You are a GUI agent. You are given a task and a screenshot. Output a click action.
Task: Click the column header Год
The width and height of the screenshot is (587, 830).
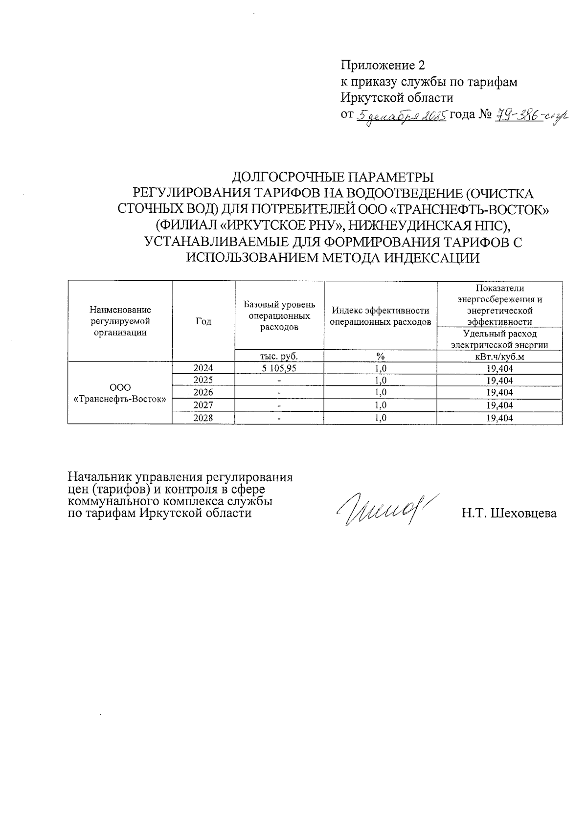click(x=203, y=321)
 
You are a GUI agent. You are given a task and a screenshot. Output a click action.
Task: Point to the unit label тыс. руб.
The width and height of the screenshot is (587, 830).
click(x=279, y=356)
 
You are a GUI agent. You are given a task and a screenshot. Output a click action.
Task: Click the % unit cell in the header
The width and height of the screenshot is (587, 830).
click(x=380, y=356)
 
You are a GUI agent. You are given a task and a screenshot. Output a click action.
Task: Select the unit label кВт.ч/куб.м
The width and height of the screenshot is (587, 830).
click(x=499, y=356)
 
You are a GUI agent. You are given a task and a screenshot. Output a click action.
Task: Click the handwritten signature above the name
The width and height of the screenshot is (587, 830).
click(x=386, y=509)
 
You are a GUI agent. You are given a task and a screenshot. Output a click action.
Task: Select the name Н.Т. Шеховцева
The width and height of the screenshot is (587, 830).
click(x=509, y=514)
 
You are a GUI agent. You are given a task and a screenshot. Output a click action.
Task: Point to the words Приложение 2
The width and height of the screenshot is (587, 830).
click(x=383, y=66)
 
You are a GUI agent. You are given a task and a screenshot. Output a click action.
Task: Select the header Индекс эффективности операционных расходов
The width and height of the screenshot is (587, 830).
click(x=380, y=316)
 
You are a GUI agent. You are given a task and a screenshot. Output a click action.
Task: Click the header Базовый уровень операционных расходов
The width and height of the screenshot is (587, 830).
click(x=279, y=316)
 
